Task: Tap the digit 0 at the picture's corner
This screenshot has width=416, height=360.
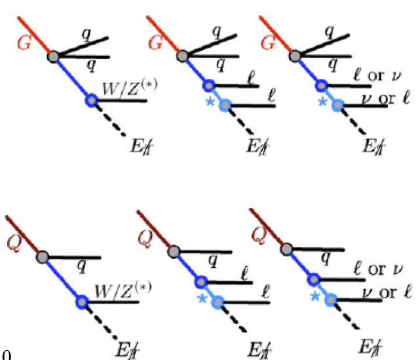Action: (x=7, y=355)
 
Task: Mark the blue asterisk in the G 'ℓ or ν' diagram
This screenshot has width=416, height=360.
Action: (x=321, y=102)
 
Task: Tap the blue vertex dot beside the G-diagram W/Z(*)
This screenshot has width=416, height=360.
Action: (x=91, y=100)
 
